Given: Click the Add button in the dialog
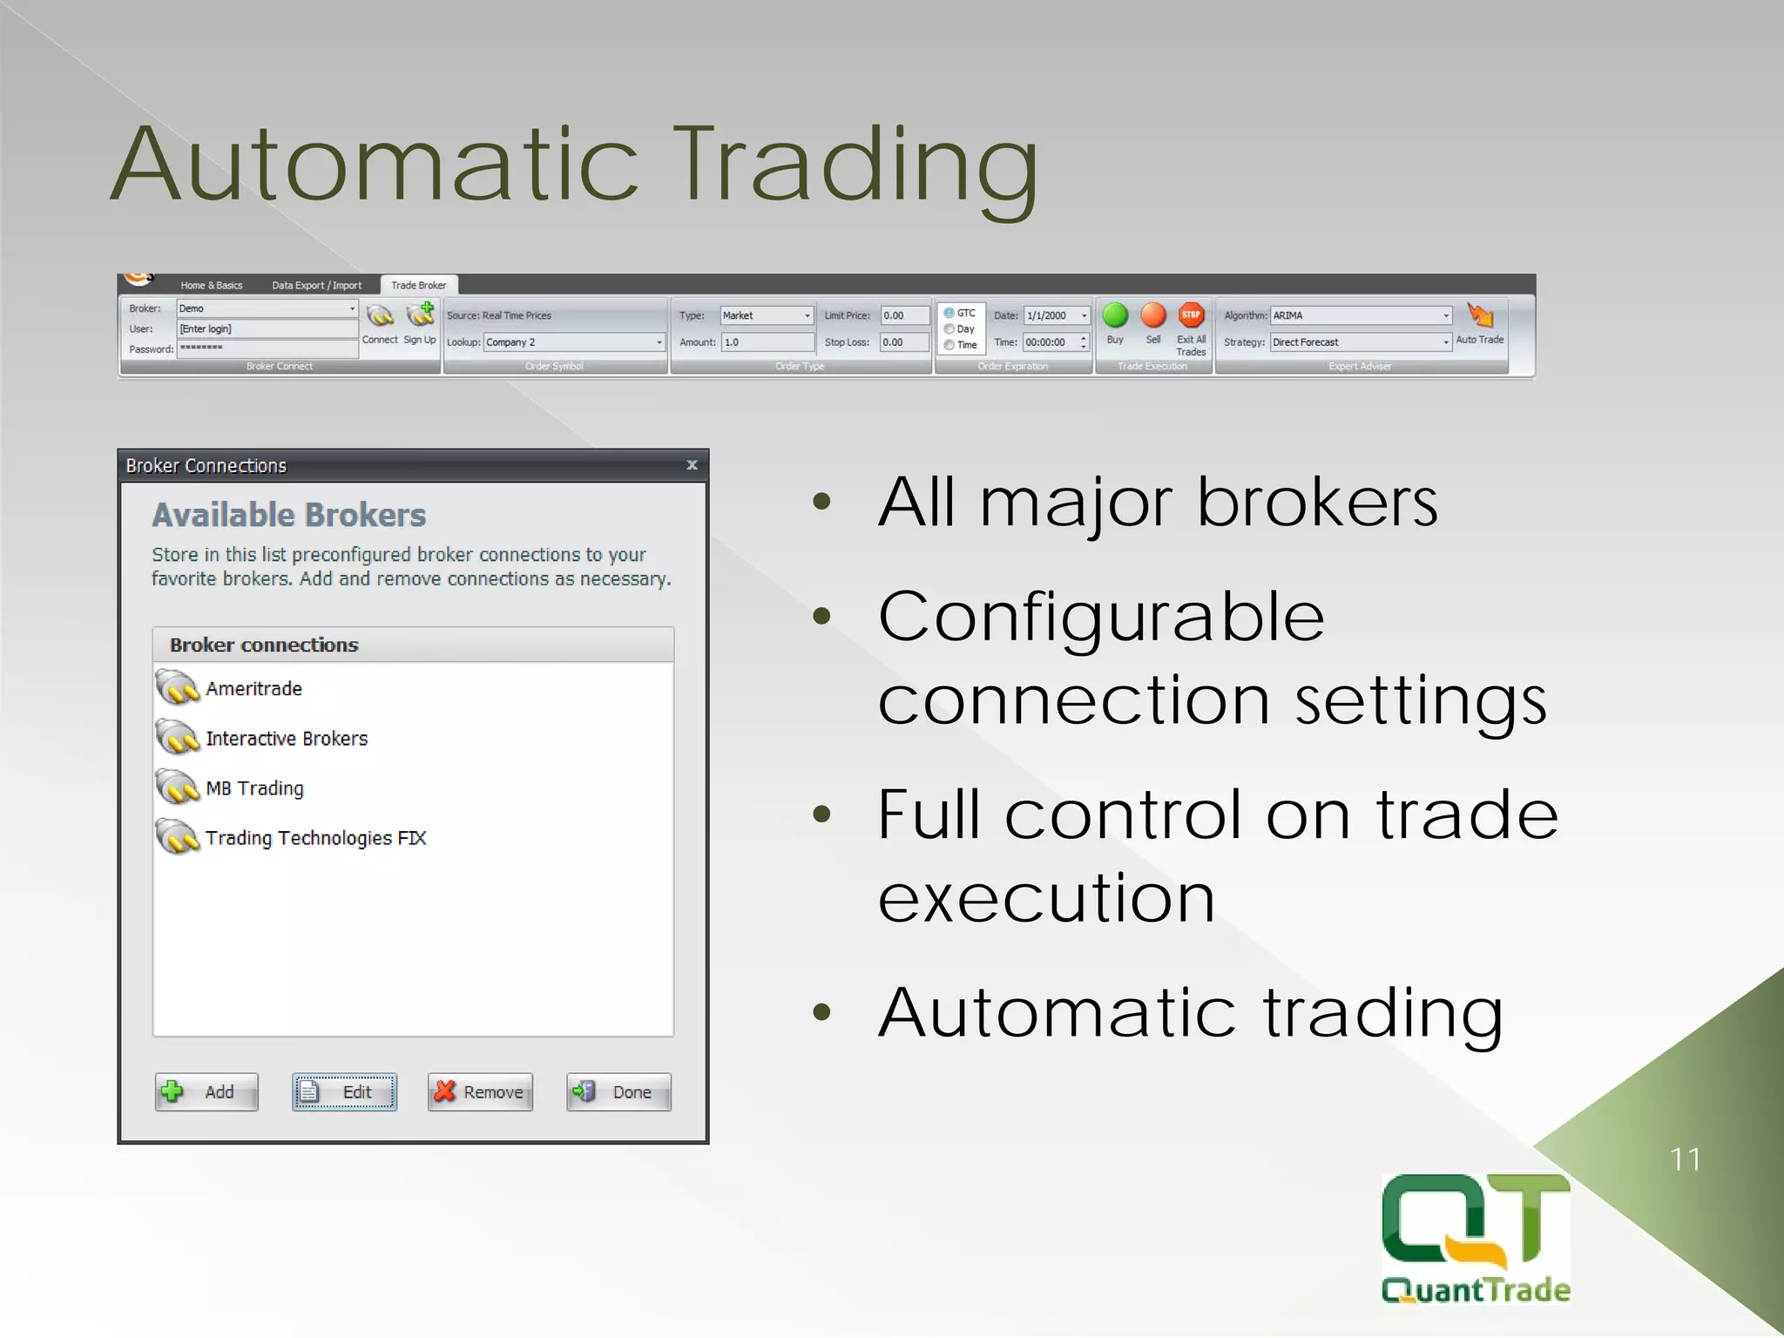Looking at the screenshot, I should (x=206, y=1091).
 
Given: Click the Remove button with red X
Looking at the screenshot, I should (x=480, y=1091).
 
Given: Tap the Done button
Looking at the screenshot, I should (x=618, y=1091).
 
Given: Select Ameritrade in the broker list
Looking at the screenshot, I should (x=253, y=689).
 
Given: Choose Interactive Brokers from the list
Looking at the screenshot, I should (x=287, y=739).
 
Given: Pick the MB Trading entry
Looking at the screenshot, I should (x=254, y=788).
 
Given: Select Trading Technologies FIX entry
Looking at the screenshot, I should (x=315, y=838).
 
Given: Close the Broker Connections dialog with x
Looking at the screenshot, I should (x=692, y=465).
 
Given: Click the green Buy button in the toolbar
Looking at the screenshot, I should (x=1115, y=316).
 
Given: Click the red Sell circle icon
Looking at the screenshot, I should (x=1153, y=316).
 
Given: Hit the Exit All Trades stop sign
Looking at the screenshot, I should (x=1191, y=316).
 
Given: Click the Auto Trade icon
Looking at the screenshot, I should (x=1479, y=316).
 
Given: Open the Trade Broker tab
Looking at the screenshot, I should (x=418, y=286).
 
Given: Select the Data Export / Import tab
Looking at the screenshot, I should (x=316, y=286).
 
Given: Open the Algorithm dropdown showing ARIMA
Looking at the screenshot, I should (x=1446, y=316).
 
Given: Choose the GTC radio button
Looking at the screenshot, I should (x=949, y=313).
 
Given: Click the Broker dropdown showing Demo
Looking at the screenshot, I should (x=352, y=308).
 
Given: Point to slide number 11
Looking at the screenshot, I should (x=1685, y=1159).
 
